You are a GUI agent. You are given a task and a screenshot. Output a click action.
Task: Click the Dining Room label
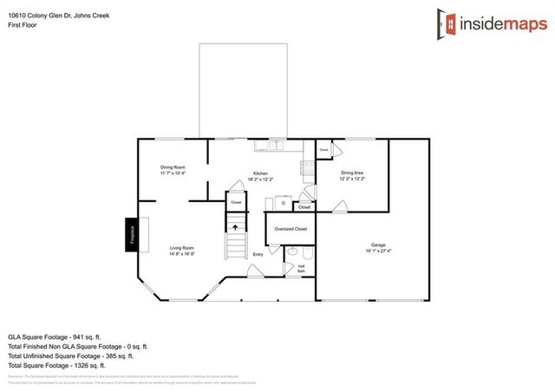(173, 167)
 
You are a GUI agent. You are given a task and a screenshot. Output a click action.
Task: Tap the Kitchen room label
(260, 173)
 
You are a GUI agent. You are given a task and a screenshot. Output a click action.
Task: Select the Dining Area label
(352, 173)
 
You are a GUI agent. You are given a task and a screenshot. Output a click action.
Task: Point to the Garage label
(379, 245)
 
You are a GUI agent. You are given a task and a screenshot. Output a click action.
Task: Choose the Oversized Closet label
(291, 229)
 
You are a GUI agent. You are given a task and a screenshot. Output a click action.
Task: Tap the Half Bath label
(301, 269)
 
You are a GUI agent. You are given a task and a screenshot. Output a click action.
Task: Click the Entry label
(258, 254)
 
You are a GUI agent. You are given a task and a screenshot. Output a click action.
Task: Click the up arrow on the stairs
(234, 226)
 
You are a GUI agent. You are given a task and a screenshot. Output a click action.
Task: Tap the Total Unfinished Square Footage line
(71, 356)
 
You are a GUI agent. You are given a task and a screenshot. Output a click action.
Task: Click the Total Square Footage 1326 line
(62, 366)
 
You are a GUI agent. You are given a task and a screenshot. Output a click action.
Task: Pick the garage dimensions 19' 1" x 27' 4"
(379, 252)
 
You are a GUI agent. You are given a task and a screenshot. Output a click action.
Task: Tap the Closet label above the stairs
(235, 202)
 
